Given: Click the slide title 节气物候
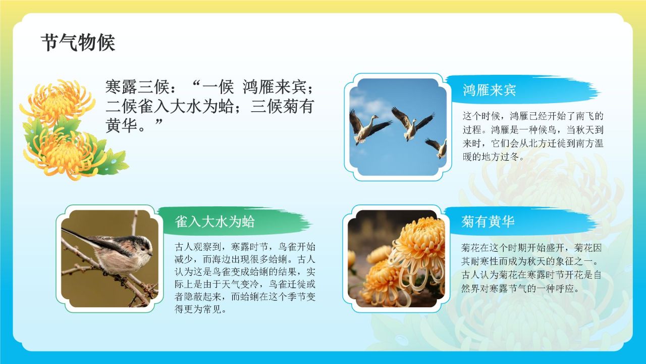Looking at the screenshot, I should (78, 43).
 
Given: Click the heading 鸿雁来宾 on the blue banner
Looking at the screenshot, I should (489, 90).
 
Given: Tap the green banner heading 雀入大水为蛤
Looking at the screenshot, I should (214, 221).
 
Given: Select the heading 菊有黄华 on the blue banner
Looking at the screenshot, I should (488, 221).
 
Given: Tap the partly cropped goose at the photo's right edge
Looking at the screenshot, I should (438, 147).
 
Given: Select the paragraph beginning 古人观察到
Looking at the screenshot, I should (245, 278).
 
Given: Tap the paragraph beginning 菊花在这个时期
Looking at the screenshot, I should (532, 268).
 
